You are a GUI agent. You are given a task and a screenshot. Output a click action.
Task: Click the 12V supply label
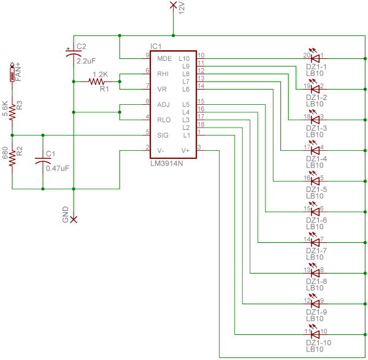click(x=182, y=9)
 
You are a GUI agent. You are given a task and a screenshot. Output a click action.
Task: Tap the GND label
click(x=65, y=213)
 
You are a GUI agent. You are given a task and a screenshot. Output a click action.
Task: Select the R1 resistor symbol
click(x=98, y=81)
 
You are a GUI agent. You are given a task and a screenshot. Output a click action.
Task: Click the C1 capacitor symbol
click(x=42, y=160)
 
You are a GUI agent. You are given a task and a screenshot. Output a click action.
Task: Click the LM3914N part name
click(x=166, y=164)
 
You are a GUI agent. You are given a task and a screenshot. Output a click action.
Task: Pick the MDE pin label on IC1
click(x=164, y=59)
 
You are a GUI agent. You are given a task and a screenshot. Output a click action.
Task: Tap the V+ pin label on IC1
click(x=186, y=149)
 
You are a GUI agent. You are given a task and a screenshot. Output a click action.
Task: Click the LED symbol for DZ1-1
click(x=315, y=58)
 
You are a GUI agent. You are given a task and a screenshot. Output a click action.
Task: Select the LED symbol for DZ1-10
click(x=315, y=334)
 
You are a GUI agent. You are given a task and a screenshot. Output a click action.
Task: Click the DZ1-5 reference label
click(x=316, y=190)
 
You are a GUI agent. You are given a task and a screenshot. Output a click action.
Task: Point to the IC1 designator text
click(x=156, y=47)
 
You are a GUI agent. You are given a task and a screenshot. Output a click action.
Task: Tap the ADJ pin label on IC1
click(x=163, y=104)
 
